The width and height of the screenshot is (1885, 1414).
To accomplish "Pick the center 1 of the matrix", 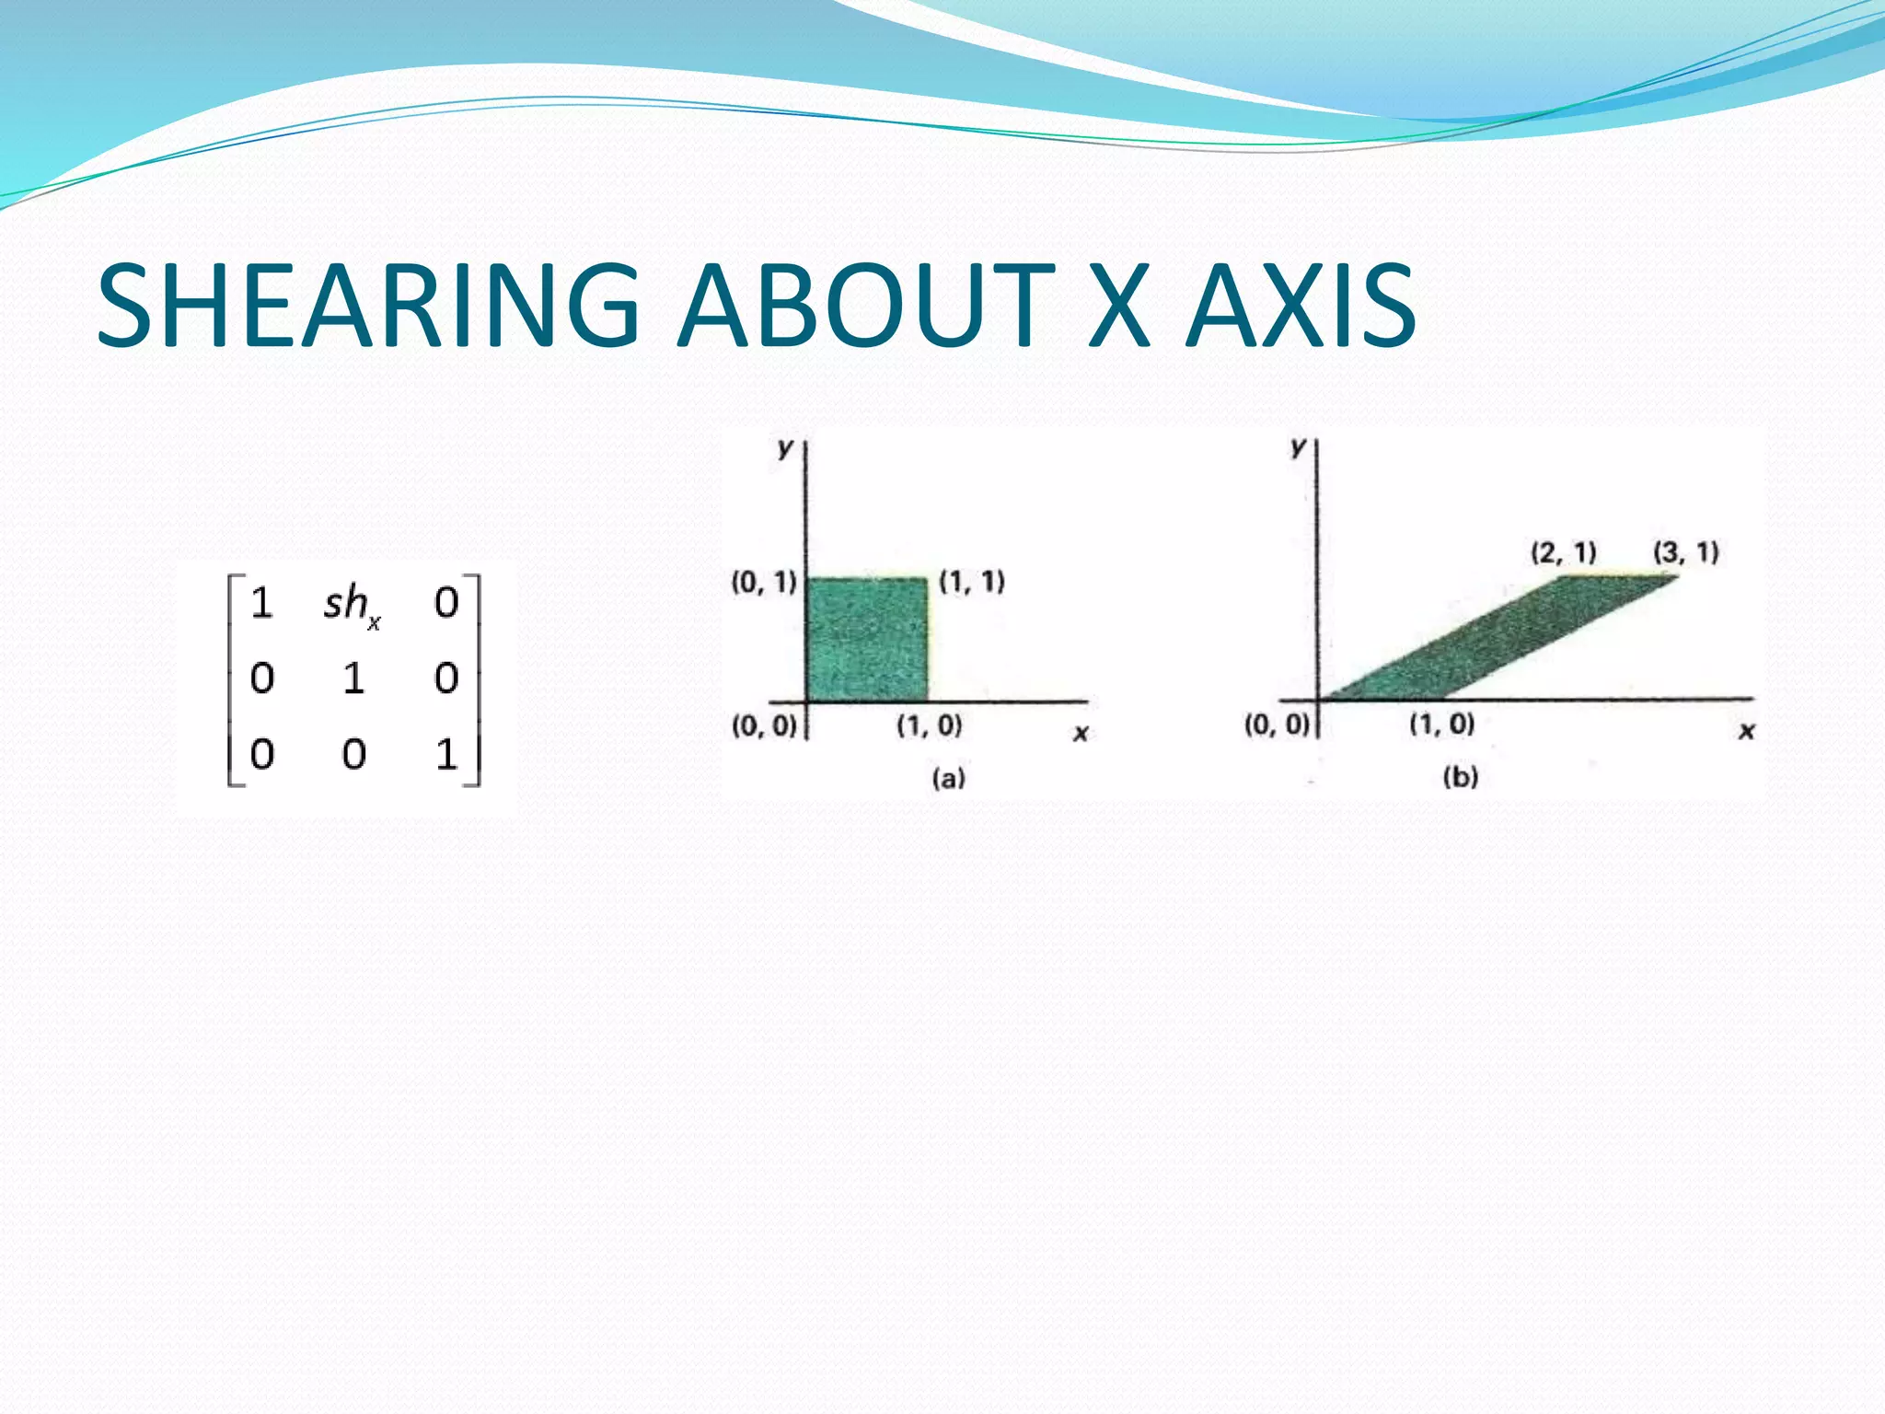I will [353, 679].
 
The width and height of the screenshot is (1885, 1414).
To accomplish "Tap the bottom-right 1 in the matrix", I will [446, 755].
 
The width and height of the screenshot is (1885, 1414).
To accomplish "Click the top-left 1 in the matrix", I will [261, 603].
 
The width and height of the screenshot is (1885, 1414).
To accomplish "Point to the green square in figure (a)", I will [866, 640].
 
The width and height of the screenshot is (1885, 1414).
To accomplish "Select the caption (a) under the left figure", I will [949, 779].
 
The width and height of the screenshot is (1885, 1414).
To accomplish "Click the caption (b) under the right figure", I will [1461, 777].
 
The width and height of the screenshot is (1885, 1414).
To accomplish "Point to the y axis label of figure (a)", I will [784, 448].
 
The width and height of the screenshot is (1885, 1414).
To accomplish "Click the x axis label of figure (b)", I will [1746, 731].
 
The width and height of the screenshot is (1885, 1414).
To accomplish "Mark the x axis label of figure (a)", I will [1081, 734].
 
